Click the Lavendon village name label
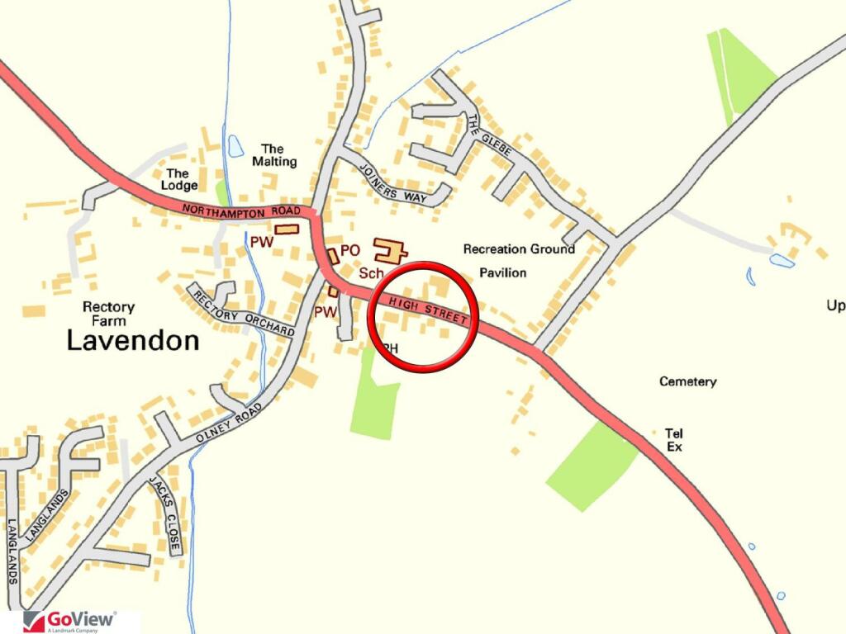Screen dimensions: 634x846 pos(132,340)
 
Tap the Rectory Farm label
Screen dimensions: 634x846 pos(108,315)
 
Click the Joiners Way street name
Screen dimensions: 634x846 pos(389,182)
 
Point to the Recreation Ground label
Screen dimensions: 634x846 pos(519,248)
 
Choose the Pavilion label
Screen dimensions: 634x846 pos(502,272)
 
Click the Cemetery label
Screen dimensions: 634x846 pos(687,381)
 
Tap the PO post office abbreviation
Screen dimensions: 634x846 pos(350,249)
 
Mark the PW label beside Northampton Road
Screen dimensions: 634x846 pos(261,242)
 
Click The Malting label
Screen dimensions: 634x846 pos(274,155)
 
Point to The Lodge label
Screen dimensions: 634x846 pos(178,179)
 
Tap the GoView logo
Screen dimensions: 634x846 pos(70,621)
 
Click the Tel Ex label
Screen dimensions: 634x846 pos(673,440)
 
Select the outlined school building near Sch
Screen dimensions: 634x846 pos(389,251)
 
